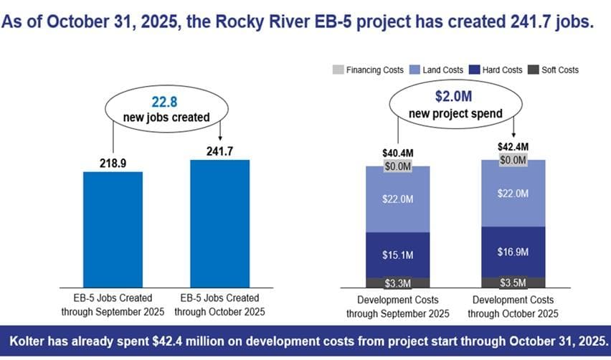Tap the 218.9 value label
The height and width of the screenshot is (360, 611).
[x=113, y=164]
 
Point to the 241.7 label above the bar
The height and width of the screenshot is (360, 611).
[x=219, y=151]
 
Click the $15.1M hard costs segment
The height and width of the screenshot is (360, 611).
[x=397, y=255]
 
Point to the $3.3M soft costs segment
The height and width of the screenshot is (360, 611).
[x=397, y=283]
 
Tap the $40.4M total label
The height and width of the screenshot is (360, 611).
[x=397, y=153]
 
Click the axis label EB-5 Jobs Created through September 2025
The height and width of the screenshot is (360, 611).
[x=113, y=305]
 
